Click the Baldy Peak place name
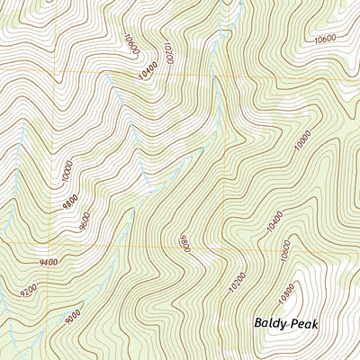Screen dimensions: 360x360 (286, 322)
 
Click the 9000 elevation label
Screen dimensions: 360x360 (73, 316)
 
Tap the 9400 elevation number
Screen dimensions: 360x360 (49, 262)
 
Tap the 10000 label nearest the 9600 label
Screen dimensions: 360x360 (67, 170)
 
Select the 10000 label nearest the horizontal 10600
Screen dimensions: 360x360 (301, 140)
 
